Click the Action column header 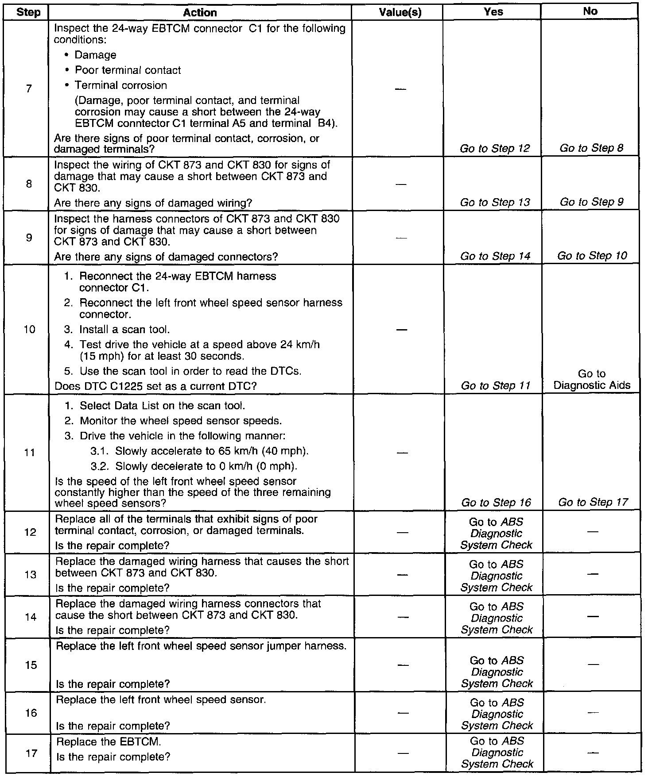[x=200, y=12]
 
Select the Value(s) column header [x=400, y=12]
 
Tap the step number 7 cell [x=29, y=88]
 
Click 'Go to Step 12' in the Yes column [x=495, y=149]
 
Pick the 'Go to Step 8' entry [x=591, y=148]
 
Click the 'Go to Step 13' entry [x=495, y=203]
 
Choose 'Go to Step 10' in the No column [x=592, y=256]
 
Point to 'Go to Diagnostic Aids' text [x=592, y=380]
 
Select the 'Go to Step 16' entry [x=496, y=503]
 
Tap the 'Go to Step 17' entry [x=593, y=502]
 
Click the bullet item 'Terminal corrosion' [x=120, y=85]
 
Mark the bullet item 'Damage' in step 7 [x=95, y=55]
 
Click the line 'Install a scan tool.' [x=124, y=330]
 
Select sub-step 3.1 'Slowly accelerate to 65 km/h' [x=212, y=451]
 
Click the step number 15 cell [x=31, y=665]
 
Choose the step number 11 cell [x=30, y=453]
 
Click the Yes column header [x=493, y=12]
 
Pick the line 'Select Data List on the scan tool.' [x=162, y=406]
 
